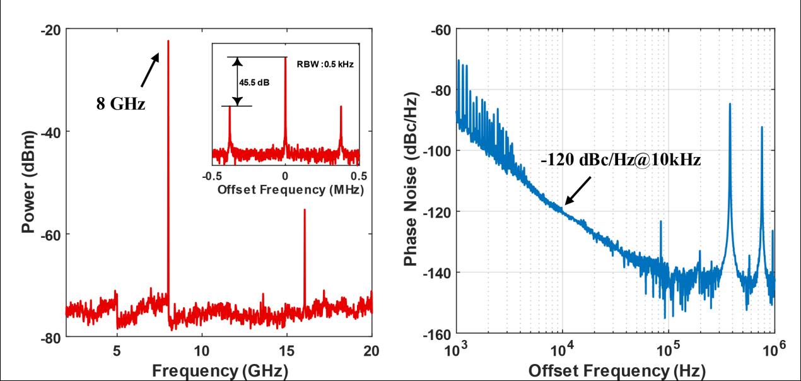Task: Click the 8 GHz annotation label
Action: coord(120,103)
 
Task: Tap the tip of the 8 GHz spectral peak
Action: coord(168,41)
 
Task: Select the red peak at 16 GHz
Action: coord(305,211)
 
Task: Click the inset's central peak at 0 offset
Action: coord(285,58)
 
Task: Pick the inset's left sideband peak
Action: coord(230,107)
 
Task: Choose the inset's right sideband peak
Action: coord(341,107)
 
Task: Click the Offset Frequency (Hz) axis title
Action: coord(615,369)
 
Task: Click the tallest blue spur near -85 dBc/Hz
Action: coord(730,105)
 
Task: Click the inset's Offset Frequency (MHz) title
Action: coord(285,190)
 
